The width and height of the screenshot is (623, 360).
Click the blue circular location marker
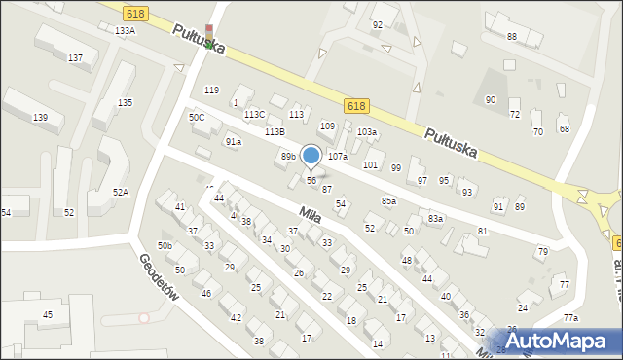pyautogui.click(x=311, y=155)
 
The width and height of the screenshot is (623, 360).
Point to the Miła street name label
pyautogui.click(x=310, y=211)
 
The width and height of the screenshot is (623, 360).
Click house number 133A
pyautogui.click(x=125, y=31)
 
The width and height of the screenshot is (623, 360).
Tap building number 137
pyautogui.click(x=75, y=58)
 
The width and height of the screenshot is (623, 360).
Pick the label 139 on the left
pyautogui.click(x=40, y=118)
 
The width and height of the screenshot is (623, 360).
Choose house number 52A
pyautogui.click(x=120, y=193)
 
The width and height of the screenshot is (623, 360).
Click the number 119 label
pyautogui.click(x=211, y=90)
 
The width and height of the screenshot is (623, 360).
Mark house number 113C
pyautogui.click(x=254, y=115)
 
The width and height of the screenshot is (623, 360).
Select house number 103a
pyautogui.click(x=367, y=132)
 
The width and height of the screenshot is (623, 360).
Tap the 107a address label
pyautogui.click(x=338, y=157)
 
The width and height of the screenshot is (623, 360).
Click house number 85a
pyautogui.click(x=388, y=201)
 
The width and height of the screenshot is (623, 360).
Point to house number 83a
pyautogui.click(x=435, y=219)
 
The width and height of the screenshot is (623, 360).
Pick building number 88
pyautogui.click(x=512, y=37)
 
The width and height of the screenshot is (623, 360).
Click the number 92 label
pyautogui.click(x=377, y=25)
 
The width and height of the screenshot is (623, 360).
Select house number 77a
pyautogui.click(x=570, y=318)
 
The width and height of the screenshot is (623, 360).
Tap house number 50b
pyautogui.click(x=165, y=246)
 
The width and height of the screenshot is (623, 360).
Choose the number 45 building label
pyautogui.click(x=47, y=315)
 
